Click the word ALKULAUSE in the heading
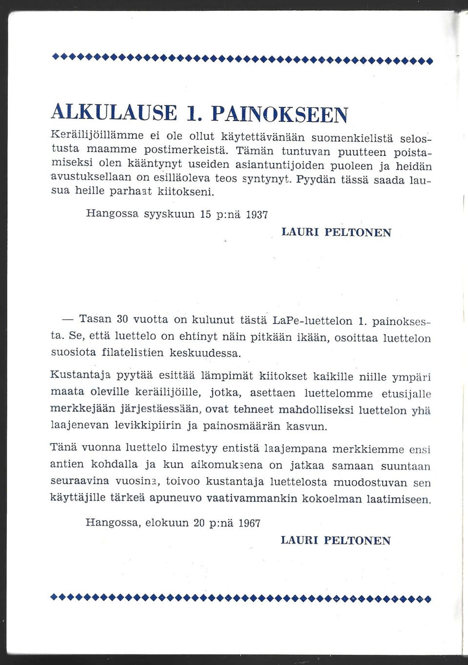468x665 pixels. (x=114, y=113)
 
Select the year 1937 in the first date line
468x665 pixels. (x=257, y=215)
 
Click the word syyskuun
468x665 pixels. (x=170, y=214)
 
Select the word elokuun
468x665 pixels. (x=167, y=523)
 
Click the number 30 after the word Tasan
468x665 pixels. (x=122, y=319)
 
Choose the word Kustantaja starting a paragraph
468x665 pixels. (x=80, y=375)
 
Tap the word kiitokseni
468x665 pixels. (x=185, y=191)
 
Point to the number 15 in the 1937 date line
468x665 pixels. (x=205, y=214)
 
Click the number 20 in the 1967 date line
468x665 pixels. (x=199, y=523)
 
